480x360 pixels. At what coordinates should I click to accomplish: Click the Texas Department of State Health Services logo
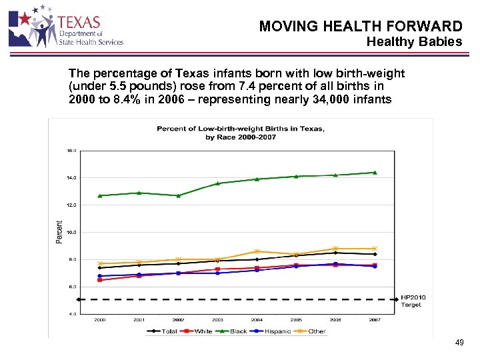click(x=65, y=27)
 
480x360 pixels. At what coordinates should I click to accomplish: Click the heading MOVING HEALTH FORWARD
click(x=361, y=27)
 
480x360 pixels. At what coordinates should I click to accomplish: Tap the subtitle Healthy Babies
click(x=414, y=42)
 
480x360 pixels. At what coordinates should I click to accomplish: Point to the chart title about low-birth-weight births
click(x=241, y=133)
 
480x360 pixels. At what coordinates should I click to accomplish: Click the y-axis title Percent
click(x=59, y=232)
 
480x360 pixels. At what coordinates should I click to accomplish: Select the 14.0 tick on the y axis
click(x=71, y=178)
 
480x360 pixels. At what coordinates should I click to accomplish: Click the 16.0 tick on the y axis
click(x=71, y=151)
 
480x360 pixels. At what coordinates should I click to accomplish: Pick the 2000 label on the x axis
click(x=99, y=320)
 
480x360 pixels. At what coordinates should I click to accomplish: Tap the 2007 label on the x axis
click(x=375, y=320)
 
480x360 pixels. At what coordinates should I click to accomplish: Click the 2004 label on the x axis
click(x=257, y=320)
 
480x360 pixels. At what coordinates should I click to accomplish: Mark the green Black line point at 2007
click(x=375, y=173)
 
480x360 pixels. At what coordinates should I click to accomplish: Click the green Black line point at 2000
click(x=99, y=196)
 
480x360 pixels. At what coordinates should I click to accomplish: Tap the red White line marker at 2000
click(x=99, y=280)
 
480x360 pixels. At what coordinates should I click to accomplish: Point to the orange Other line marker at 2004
click(x=257, y=251)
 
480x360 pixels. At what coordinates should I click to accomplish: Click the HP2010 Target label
click(x=413, y=301)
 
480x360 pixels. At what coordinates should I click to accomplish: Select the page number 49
click(x=459, y=343)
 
